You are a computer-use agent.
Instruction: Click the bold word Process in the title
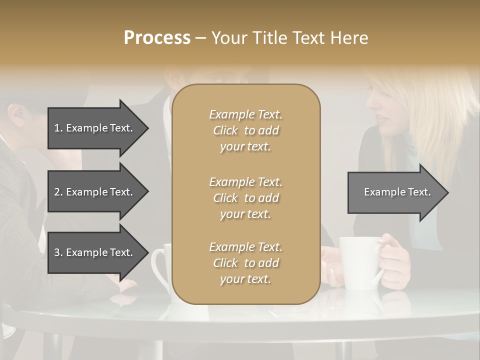pyautogui.click(x=157, y=38)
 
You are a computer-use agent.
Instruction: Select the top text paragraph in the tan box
pyautogui.click(x=245, y=130)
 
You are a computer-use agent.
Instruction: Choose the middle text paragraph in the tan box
pyautogui.click(x=245, y=198)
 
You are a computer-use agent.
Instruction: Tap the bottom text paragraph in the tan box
pyautogui.click(x=245, y=263)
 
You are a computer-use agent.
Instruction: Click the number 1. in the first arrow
pyautogui.click(x=58, y=128)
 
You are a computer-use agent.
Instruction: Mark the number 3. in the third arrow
pyautogui.click(x=58, y=252)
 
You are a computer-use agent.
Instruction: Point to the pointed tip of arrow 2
pyautogui.click(x=147, y=192)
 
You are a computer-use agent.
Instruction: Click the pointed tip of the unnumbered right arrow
pyautogui.click(x=447, y=192)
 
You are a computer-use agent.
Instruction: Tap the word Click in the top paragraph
pyautogui.click(x=225, y=130)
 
